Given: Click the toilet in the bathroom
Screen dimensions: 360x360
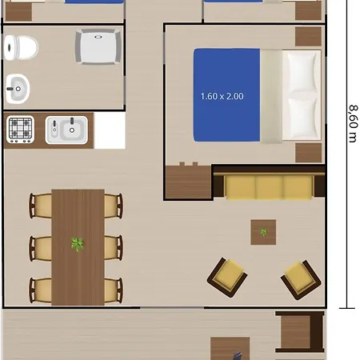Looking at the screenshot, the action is tap(21, 48).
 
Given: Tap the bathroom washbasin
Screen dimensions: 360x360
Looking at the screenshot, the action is tap(18, 89).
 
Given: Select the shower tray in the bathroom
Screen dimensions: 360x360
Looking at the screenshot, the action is tap(98, 47).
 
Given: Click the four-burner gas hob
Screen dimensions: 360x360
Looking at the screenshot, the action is tap(20, 130).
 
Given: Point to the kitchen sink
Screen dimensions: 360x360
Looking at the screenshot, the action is tap(66, 130).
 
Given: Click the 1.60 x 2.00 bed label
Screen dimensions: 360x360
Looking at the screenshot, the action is tap(222, 96).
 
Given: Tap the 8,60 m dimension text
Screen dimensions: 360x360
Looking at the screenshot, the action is tap(353, 124).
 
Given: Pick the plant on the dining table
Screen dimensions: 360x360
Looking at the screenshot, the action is tap(78, 244).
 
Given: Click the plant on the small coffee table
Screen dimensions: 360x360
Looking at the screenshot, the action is tap(263, 232).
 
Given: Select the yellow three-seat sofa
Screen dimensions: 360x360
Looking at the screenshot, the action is tap(269, 186).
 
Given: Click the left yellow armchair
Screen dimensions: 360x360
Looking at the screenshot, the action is tap(227, 278).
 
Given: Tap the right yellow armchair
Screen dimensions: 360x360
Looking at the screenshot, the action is tap(301, 280).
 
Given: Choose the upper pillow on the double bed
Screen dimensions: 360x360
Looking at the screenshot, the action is tap(302, 72).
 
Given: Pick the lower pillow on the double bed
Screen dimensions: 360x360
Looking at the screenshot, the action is tap(302, 118).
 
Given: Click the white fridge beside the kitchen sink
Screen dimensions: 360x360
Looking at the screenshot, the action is tap(110, 130).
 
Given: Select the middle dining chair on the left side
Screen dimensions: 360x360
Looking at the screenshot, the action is tap(41, 249).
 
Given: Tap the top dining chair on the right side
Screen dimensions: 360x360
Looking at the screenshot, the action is tap(114, 206).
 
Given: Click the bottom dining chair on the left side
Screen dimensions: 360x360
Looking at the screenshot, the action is tap(41, 290).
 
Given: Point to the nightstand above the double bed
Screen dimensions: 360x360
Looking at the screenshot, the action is tap(308, 37).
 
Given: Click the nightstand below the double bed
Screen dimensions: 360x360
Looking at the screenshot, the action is tap(308, 153).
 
